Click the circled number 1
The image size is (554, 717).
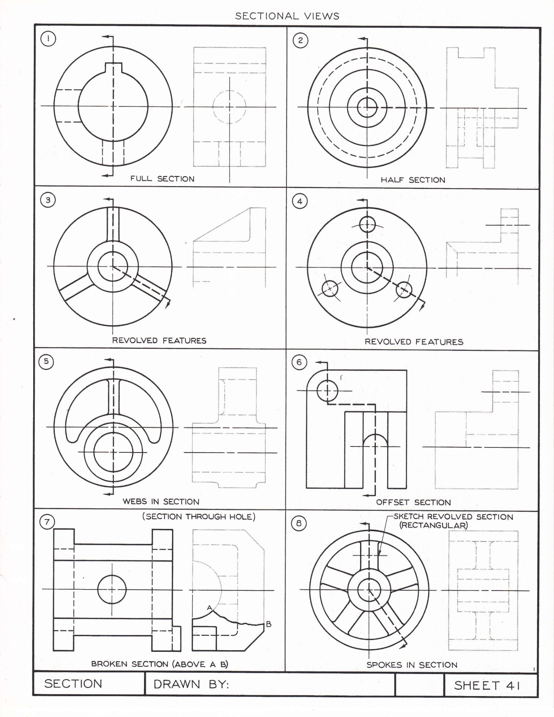click(x=48, y=39)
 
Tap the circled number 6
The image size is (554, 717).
click(x=299, y=362)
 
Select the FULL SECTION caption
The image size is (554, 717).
click(x=162, y=179)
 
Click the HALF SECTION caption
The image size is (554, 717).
click(x=413, y=180)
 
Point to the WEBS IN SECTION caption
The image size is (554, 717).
click(x=161, y=502)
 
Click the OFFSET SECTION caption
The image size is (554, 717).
click(x=413, y=502)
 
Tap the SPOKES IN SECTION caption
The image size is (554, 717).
click(x=412, y=665)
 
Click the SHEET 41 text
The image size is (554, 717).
click(x=487, y=685)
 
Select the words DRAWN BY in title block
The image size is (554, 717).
click(x=191, y=684)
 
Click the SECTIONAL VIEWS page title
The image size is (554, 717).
click(x=287, y=16)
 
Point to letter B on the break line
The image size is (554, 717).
click(x=269, y=624)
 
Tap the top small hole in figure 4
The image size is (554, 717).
click(x=367, y=225)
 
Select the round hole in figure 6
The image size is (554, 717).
click(x=327, y=391)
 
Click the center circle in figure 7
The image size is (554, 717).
click(x=111, y=590)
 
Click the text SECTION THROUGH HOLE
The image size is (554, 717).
click(x=198, y=517)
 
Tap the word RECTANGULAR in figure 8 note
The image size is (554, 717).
click(x=433, y=525)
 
